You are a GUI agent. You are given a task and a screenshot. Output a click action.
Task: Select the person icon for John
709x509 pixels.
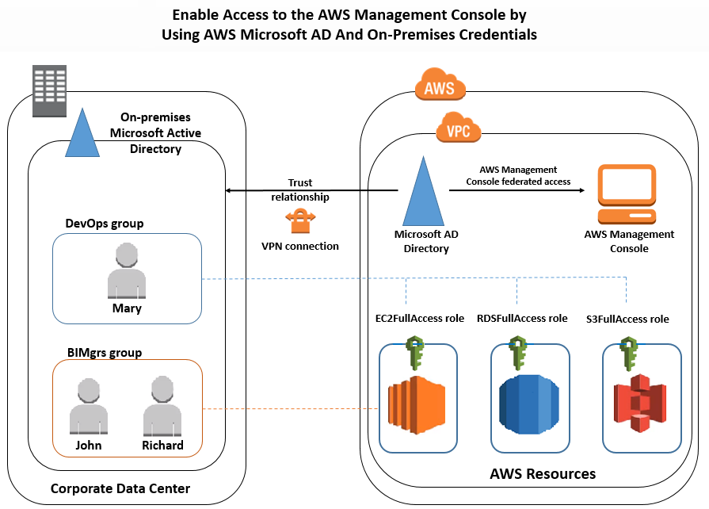point(88,406)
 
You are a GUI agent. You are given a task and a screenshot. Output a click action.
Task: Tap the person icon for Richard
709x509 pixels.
point(162,406)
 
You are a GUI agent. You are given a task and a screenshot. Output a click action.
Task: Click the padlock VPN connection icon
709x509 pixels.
point(300,221)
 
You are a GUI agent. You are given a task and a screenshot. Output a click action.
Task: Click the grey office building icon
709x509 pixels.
point(49,90)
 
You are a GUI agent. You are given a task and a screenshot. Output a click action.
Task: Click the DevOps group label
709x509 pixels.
point(104,224)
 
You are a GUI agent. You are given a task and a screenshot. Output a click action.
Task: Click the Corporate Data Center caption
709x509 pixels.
point(120,488)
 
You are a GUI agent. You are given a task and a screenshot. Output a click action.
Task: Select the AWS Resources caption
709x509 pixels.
point(543,474)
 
